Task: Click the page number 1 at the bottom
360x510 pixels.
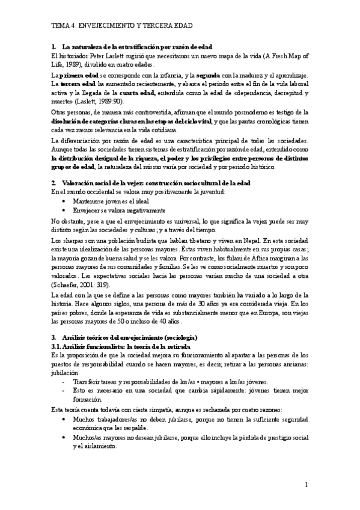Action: (x=306, y=484)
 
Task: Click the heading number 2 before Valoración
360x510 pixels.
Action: (x=54, y=182)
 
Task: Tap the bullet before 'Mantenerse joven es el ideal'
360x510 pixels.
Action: (x=64, y=201)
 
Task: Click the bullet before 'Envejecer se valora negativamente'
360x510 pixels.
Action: (x=64, y=211)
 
